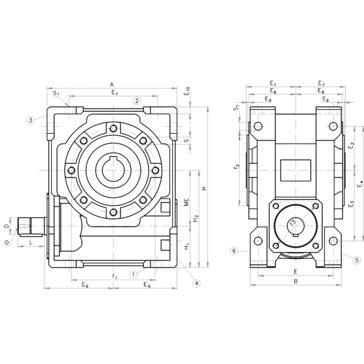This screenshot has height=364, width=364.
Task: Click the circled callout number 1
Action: click(133, 274)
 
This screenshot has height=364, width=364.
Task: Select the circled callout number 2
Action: click(137, 101)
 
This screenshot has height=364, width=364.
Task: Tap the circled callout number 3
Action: click(30, 120)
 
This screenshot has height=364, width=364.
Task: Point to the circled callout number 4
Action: click(197, 283)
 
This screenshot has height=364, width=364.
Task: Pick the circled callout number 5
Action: click(357, 260)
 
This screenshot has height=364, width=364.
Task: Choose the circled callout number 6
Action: click(234, 251)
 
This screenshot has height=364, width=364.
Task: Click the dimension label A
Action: click(112, 84)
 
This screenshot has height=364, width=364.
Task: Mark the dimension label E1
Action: click(115, 93)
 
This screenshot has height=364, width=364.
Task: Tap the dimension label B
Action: click(295, 281)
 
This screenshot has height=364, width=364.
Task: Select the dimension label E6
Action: click(85, 285)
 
